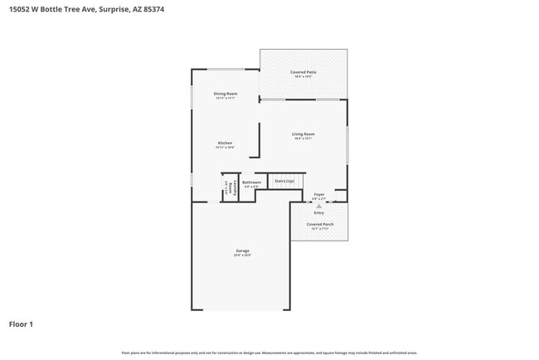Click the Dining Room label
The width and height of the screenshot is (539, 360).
pyautogui.click(x=226, y=94)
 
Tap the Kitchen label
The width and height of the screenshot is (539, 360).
pyautogui.click(x=226, y=143)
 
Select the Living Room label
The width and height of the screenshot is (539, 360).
pyautogui.click(x=303, y=134)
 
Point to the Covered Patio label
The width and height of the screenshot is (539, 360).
pyautogui.click(x=303, y=72)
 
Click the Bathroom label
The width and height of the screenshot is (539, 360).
pyautogui.click(x=251, y=182)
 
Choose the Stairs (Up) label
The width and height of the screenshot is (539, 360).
pyautogui.click(x=284, y=180)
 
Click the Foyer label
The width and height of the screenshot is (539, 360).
pyautogui.click(x=318, y=194)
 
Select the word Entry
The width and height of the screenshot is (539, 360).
pyautogui.click(x=318, y=212)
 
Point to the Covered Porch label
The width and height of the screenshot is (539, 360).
pyautogui.click(x=320, y=224)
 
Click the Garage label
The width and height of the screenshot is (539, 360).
pyautogui.click(x=242, y=251)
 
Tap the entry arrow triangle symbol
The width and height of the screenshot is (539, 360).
pyautogui.click(x=318, y=205)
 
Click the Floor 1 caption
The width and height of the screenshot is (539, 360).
pyautogui.click(x=21, y=324)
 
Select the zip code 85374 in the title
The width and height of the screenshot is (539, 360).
pyautogui.click(x=163, y=9)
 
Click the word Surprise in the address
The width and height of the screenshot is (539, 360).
pyautogui.click(x=115, y=9)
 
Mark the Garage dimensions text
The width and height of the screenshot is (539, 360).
pyautogui.click(x=242, y=255)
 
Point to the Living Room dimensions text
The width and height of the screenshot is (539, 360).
pyautogui.click(x=303, y=139)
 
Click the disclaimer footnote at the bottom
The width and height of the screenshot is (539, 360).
pyautogui.click(x=269, y=353)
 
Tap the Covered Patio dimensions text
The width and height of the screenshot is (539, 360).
pyautogui.click(x=303, y=77)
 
